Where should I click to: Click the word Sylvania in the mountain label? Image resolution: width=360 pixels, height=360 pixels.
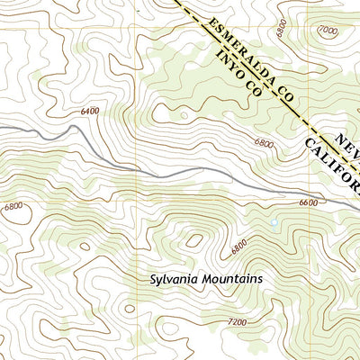point(175,279)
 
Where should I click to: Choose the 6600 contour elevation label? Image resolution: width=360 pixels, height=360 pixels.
point(308,203)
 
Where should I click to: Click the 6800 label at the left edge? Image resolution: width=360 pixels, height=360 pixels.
point(13,206)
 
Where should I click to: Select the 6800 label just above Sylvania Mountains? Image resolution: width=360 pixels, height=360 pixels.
point(238,245)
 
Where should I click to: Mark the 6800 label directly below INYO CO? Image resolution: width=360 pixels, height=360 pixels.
point(264,142)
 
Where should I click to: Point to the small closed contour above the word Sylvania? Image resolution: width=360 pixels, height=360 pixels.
point(193,240)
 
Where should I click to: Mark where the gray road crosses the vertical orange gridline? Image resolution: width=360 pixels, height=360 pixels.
point(137,167)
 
